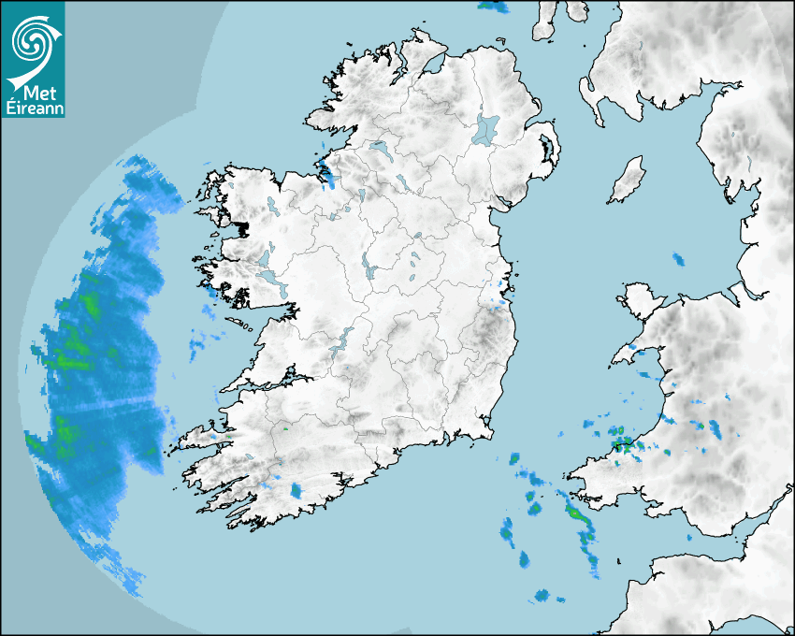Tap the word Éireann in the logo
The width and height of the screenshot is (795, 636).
pyautogui.click(x=35, y=108)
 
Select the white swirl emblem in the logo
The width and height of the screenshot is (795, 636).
pyautogui.click(x=34, y=40)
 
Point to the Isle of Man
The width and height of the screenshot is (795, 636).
pyautogui.click(x=628, y=181)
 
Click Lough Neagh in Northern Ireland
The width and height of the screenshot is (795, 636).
pyautogui.click(x=486, y=128)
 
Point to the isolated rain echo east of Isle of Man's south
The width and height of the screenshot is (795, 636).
pyautogui.click(x=679, y=259)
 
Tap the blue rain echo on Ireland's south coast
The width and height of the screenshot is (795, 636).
pyautogui.click(x=296, y=490)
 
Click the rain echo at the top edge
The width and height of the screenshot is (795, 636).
pyautogui.click(x=493, y=6)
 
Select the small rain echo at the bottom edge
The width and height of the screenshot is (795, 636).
pyautogui.click(x=542, y=595)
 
